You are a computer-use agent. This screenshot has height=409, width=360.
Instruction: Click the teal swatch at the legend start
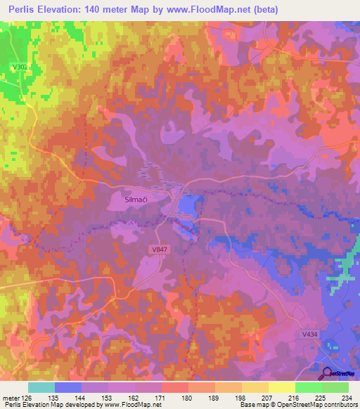pyautogui.click(x=41, y=387)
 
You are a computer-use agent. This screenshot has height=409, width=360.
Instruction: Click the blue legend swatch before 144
pyautogui.click(x=68, y=387)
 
